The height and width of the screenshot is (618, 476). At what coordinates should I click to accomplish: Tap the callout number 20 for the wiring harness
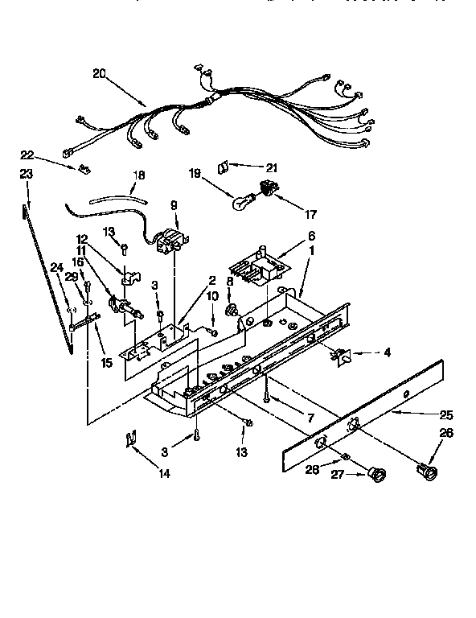point(100,73)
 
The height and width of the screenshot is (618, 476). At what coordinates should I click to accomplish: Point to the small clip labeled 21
point(224,167)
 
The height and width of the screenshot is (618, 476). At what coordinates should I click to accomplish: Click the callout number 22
point(27,154)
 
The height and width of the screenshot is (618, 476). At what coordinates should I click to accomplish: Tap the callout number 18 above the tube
point(138,175)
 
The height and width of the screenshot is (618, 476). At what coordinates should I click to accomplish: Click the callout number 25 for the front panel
point(446,415)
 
